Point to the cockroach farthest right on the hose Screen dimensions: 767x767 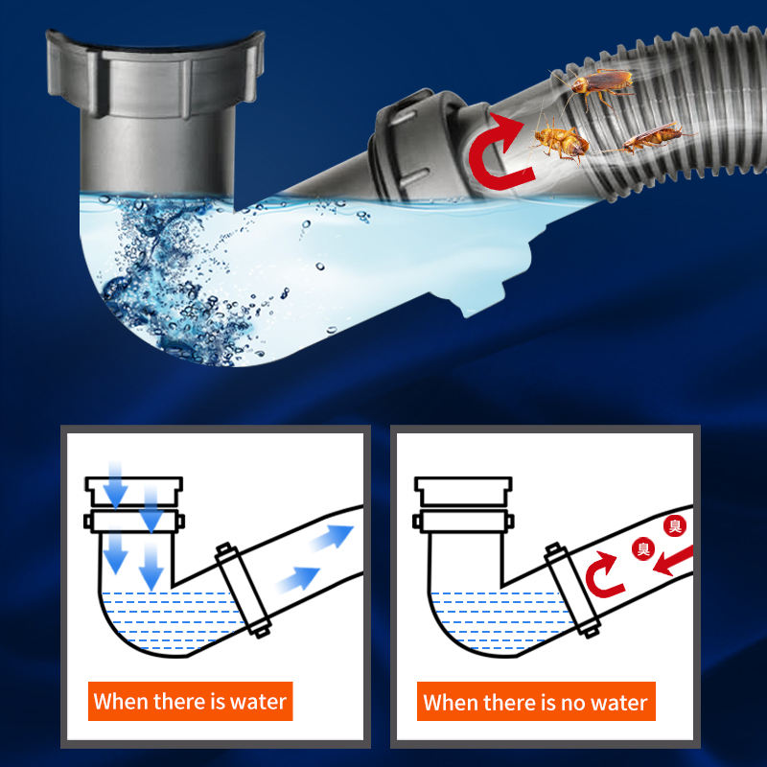[x=653, y=137]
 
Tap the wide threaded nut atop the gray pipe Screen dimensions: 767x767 [x=155, y=74]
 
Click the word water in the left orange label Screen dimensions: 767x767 [x=258, y=702]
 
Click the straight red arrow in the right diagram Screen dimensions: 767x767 [x=673, y=561]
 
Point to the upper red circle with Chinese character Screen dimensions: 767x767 [x=675, y=526]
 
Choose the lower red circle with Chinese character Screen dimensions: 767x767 [x=643, y=548]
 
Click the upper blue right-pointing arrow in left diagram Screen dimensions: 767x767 [x=332, y=537]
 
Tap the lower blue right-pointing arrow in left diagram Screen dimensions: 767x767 [x=298, y=579]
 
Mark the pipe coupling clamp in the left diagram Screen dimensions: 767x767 [x=244, y=590]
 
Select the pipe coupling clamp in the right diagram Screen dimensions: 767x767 [x=572, y=590]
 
